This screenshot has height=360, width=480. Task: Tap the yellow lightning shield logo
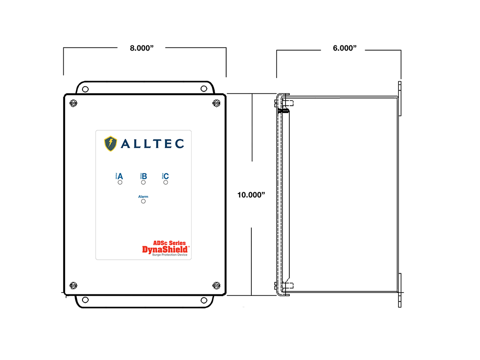tap(110, 143)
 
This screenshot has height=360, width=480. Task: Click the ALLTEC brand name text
tap(152, 144)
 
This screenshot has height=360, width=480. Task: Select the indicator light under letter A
tap(120, 182)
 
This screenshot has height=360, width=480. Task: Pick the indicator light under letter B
tap(143, 182)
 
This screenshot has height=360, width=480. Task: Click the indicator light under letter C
tap(165, 182)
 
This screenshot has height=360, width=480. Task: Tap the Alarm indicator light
tap(143, 201)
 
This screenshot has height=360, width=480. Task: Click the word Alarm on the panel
tap(143, 196)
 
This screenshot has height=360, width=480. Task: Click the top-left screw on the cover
tap(73, 103)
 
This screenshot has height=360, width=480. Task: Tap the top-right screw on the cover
tap(216, 103)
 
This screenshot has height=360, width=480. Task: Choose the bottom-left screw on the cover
tap(73, 285)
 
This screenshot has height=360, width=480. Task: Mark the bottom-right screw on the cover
tap(216, 285)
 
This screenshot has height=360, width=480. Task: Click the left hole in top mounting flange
tap(85, 89)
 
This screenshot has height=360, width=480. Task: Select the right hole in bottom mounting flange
tap(203, 300)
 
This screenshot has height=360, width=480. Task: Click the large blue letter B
tap(144, 176)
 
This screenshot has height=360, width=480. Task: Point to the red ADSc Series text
tap(169, 243)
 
